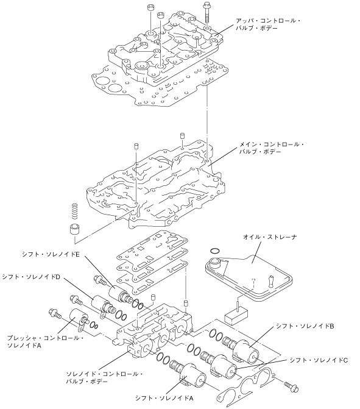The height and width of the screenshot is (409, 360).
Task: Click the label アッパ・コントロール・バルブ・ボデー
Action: (268, 24)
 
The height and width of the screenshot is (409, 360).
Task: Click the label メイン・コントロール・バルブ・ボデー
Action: (271, 148)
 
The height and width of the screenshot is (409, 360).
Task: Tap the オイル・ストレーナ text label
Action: (270, 237)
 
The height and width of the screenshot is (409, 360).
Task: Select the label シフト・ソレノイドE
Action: (51, 254)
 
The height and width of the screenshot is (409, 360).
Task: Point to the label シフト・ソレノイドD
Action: (31, 277)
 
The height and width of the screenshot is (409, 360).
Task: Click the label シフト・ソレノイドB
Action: (305, 326)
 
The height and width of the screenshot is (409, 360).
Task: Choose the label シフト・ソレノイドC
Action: (319, 360)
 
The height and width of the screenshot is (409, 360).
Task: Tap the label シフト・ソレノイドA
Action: (164, 398)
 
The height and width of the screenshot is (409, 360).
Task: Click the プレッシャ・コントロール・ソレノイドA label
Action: (45, 342)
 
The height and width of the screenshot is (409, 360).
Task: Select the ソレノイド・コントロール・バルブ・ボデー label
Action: (104, 378)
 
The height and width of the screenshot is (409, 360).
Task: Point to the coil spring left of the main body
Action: (75, 211)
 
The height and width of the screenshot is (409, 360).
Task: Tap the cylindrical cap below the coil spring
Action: (74, 229)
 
